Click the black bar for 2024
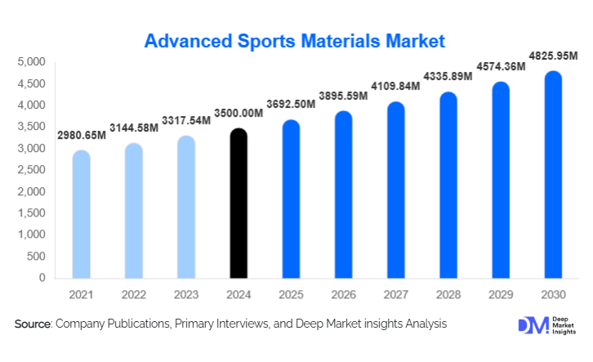pyautogui.click(x=239, y=204)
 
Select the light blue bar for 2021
pyautogui.click(x=82, y=215)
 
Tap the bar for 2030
pyautogui.click(x=553, y=175)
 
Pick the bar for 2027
pyautogui.click(x=395, y=190)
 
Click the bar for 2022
pyautogui.click(x=134, y=212)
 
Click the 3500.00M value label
pyautogui.click(x=238, y=114)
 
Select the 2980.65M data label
pyautogui.click(x=81, y=135)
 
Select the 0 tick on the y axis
pyautogui.click(x=42, y=278)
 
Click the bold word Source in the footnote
pyautogui.click(x=33, y=324)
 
